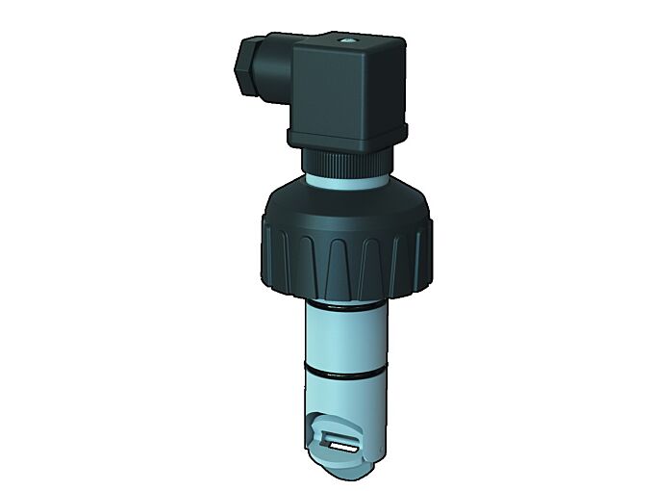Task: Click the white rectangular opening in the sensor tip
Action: point(343,447)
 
